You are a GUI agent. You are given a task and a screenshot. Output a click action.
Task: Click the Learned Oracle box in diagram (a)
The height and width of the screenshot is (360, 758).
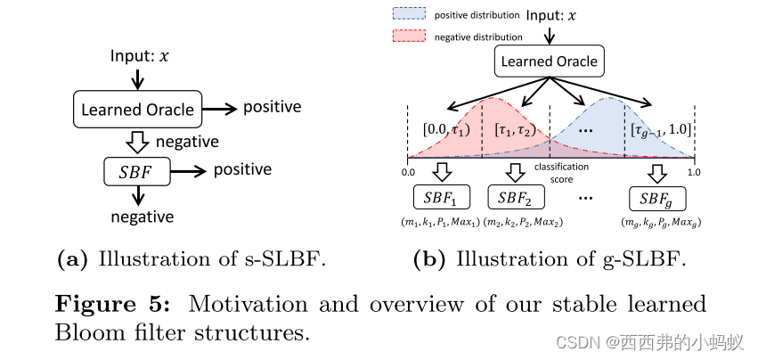click(137, 110)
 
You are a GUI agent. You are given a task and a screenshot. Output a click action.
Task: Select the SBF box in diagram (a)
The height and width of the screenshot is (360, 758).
click(136, 169)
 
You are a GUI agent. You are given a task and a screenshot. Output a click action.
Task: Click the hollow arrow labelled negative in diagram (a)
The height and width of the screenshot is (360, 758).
click(136, 141)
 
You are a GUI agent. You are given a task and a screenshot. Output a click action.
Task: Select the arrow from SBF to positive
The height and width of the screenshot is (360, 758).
click(188, 169)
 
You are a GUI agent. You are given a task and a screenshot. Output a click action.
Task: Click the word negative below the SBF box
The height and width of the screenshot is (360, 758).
click(142, 217)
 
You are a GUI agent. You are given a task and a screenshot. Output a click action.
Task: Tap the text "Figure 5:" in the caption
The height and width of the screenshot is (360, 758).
click(114, 303)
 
